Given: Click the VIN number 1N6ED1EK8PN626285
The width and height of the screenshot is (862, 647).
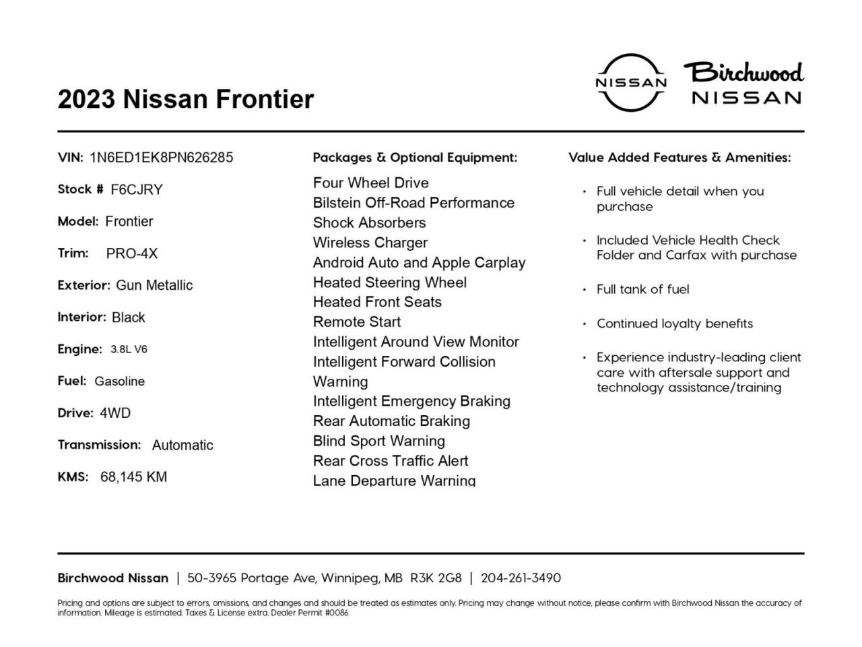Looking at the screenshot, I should coord(161,158).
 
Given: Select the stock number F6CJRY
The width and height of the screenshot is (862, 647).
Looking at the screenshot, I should coord(137,189).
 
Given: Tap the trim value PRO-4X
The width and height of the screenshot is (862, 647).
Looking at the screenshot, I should coord(132,253).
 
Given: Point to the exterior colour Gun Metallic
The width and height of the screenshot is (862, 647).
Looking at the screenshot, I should coord(154,285).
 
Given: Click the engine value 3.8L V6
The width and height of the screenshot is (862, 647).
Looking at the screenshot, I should coord(129,349).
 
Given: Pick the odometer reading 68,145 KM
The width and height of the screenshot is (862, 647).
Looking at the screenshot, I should coord(133,477).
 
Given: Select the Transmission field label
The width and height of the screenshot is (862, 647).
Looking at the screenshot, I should coord(99,445).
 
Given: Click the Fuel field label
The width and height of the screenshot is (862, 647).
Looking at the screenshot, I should coord(72,381).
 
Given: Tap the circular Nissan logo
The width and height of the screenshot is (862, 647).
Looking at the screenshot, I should coord(631,82).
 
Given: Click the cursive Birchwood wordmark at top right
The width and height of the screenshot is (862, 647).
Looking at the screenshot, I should coord(744,72).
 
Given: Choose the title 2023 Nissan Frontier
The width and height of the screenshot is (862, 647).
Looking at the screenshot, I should coord(186,99).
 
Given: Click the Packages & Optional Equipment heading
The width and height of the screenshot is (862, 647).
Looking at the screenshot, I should coord(415,158).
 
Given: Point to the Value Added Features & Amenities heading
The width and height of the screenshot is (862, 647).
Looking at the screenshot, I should coord(679,158).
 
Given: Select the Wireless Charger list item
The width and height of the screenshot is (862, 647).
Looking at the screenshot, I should coord(370,243).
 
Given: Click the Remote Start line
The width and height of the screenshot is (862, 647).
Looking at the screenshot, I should coord(357,322).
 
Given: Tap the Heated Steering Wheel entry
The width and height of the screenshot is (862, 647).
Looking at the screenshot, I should coord(390,282).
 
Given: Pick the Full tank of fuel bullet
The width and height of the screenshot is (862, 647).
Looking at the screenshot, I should coord(642,289).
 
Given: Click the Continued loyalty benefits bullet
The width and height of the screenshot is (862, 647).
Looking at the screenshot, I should coord(674,323).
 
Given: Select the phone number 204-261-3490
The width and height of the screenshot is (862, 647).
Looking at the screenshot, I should coord(521,578).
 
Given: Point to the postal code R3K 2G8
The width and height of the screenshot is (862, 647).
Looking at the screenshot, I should coord(436,578).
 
